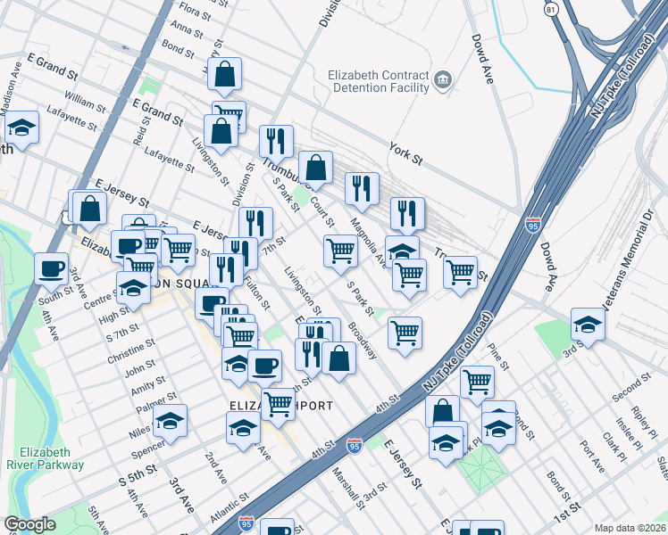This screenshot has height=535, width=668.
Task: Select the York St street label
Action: click(405, 154)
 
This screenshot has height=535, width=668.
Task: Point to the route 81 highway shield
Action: click(552, 9)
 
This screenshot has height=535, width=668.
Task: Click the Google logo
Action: click(29, 524)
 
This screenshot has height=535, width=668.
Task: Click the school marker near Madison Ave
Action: click(21, 127)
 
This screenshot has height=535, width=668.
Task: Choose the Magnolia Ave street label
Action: click(366, 242)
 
